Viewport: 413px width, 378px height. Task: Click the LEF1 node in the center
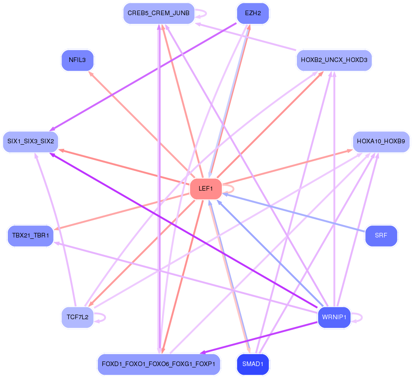point(206,189)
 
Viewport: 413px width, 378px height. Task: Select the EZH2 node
point(253,13)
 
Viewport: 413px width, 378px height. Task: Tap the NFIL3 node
point(77,60)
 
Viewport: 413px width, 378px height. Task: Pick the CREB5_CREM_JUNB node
point(159,13)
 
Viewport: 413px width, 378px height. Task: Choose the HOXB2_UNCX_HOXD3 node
point(334,60)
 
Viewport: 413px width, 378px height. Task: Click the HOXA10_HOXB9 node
point(381,141)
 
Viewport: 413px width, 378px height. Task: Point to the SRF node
point(381,236)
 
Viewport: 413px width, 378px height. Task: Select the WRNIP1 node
point(334,317)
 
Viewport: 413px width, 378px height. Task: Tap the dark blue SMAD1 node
point(253,364)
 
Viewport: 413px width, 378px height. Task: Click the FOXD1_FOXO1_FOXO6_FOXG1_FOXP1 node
point(159,364)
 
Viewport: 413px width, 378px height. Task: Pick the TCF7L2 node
point(77,317)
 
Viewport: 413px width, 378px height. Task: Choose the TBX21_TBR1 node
point(31,236)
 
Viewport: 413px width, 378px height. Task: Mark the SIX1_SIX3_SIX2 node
point(31,141)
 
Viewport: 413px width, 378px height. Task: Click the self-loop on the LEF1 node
point(229,189)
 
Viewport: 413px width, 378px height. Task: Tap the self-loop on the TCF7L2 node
point(100,317)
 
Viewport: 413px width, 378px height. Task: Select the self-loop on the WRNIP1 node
point(357,317)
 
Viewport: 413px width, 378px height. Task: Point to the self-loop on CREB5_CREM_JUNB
point(201,13)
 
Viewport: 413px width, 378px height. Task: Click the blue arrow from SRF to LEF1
point(294,213)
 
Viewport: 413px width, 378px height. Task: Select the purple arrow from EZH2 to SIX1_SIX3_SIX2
point(143,77)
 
